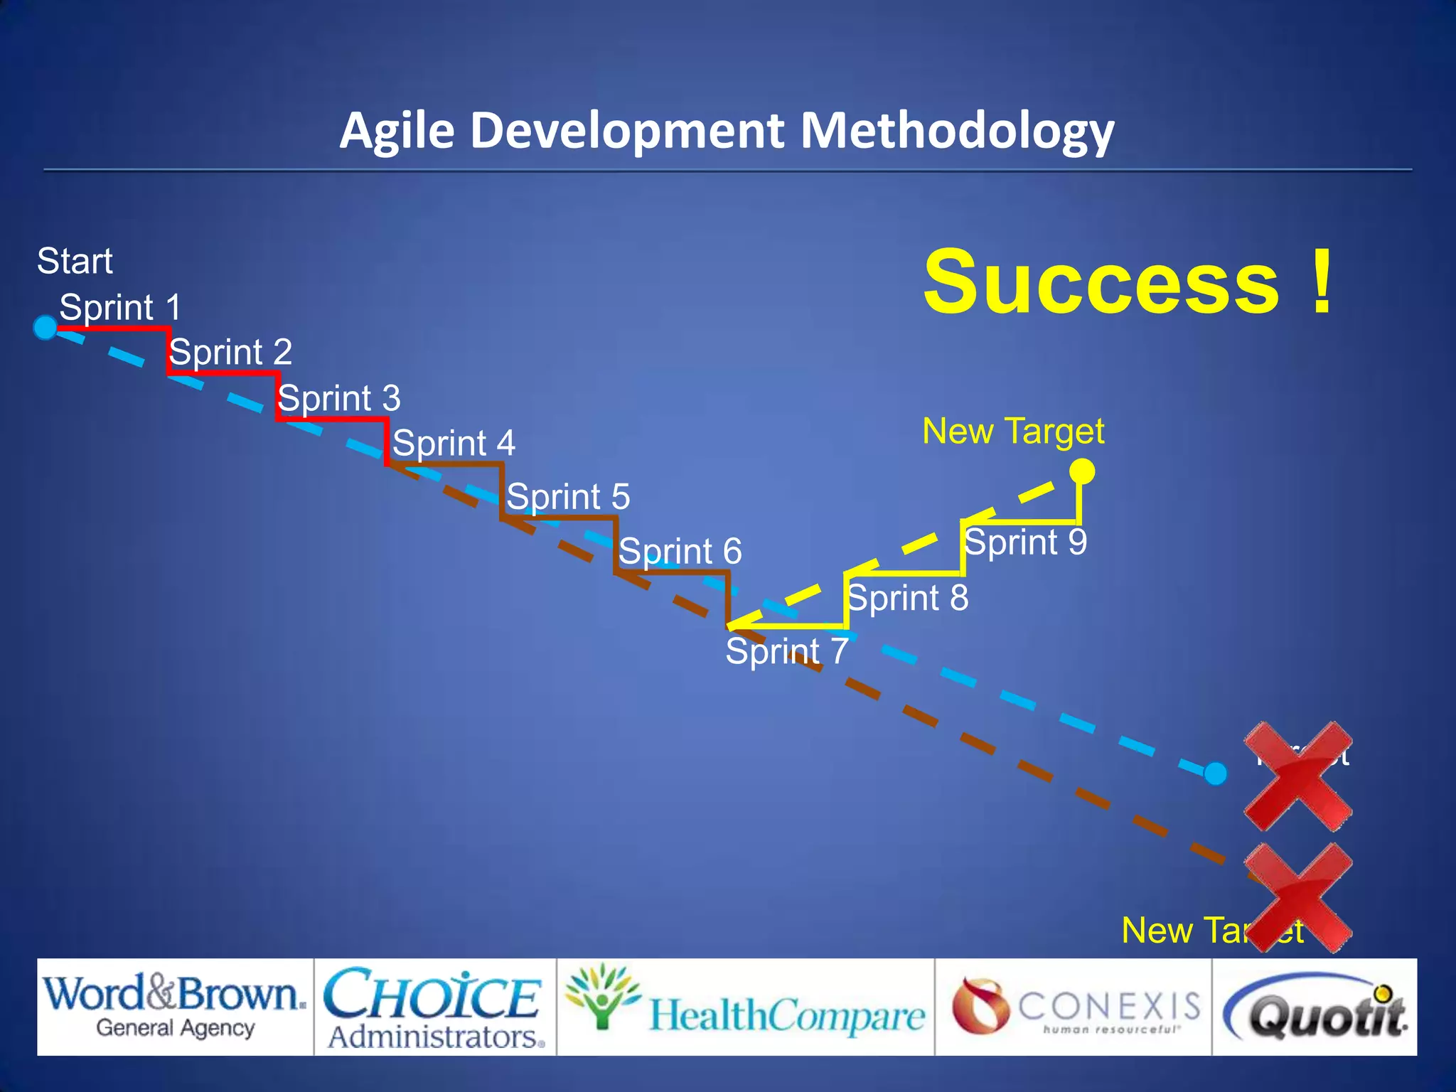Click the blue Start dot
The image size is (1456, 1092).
[45, 328]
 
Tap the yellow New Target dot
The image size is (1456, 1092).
[1082, 471]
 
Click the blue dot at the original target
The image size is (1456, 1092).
[1216, 773]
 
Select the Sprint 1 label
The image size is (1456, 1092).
[120, 308]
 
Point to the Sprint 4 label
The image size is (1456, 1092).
[454, 444]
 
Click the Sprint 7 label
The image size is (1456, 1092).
[786, 651]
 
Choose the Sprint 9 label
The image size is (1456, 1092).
[1025, 542]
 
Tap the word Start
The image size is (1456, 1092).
[75, 261]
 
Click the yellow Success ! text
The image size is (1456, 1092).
[1128, 282]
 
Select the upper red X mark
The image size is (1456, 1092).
[1297, 776]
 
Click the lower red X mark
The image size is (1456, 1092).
[1297, 898]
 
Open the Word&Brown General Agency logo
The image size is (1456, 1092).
[175, 1007]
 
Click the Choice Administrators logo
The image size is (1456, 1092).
[434, 1007]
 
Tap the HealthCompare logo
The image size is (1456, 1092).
[745, 1007]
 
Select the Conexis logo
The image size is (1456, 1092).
[1074, 1007]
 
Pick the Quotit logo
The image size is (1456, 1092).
[1315, 1007]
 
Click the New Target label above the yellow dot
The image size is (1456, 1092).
[1012, 432]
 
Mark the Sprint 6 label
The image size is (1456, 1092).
[680, 552]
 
